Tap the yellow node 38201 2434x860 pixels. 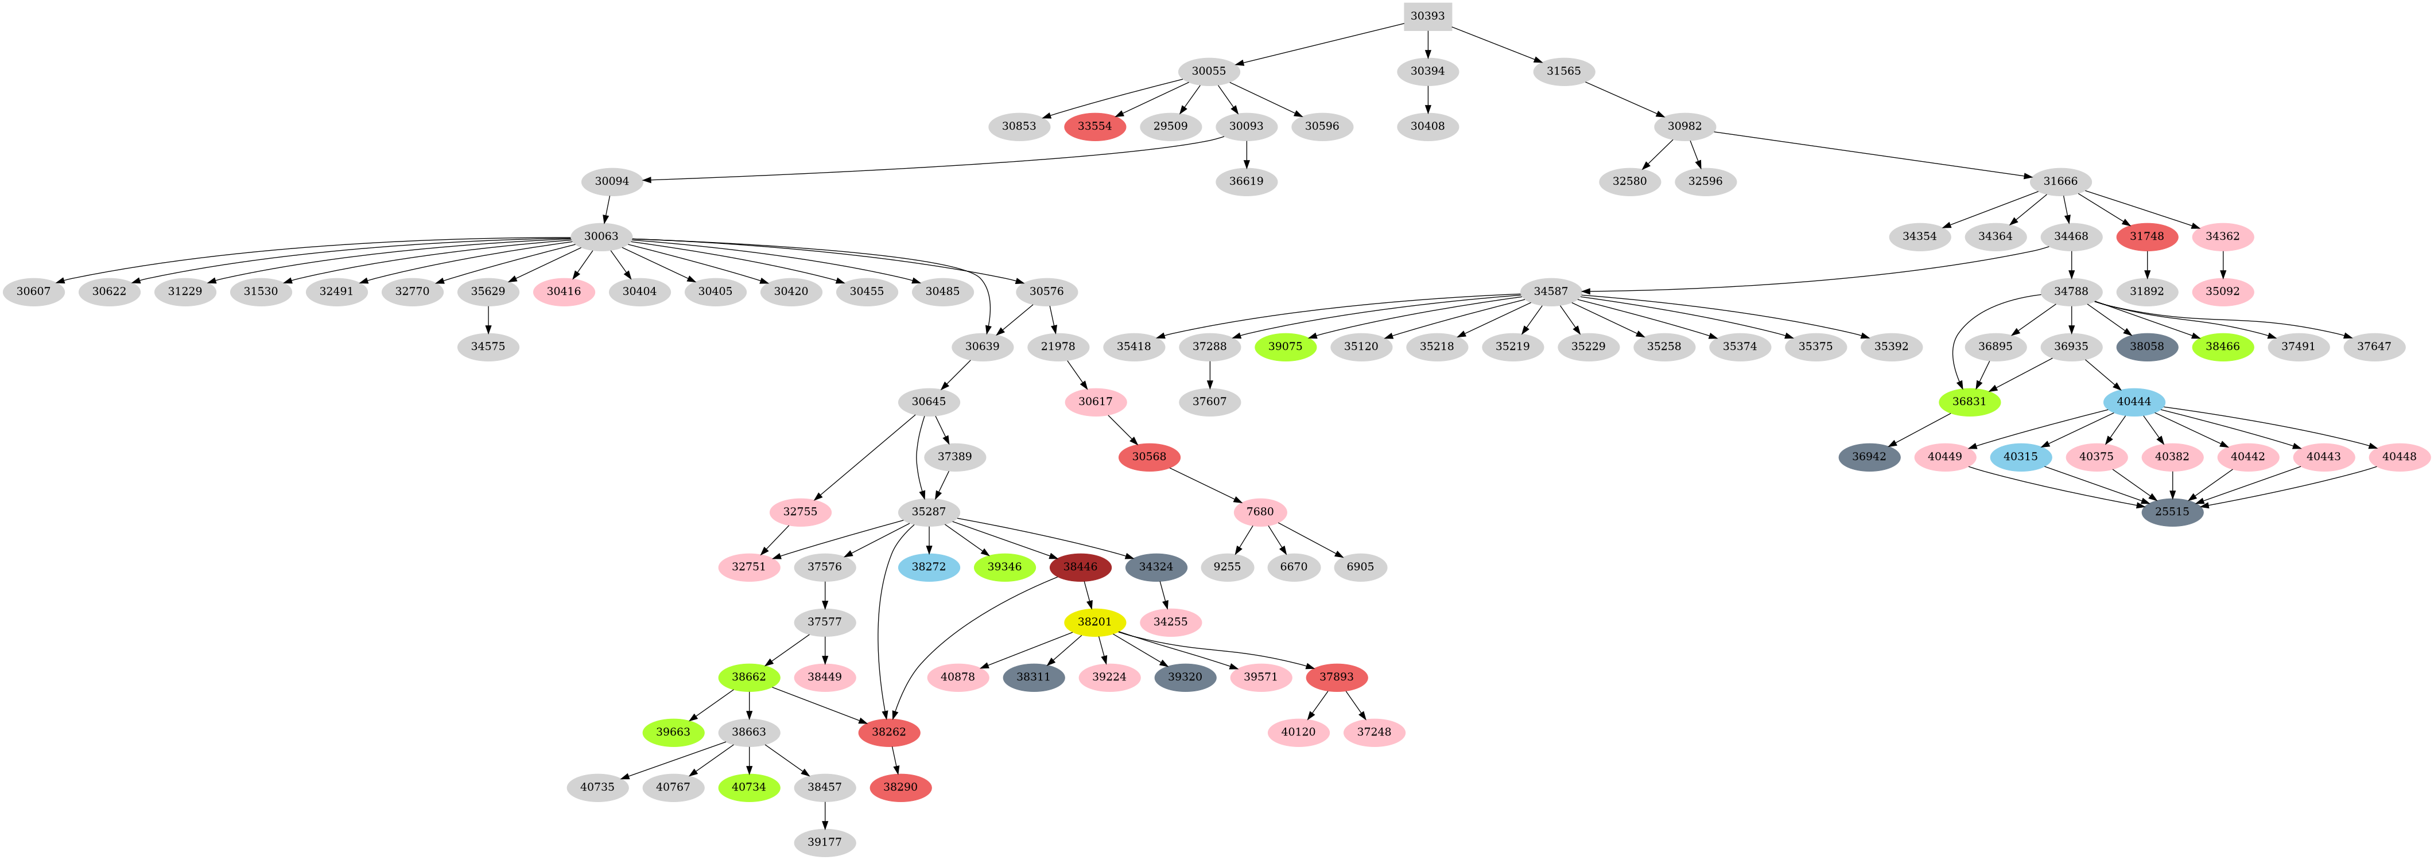pyautogui.click(x=1094, y=622)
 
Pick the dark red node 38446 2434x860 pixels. pyautogui.click(x=1080, y=567)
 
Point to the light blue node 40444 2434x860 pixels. pyautogui.click(x=2133, y=402)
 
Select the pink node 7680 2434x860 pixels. pyautogui.click(x=1260, y=512)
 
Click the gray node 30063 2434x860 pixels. pyautogui.click(x=601, y=236)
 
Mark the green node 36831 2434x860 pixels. pyautogui.click(x=1969, y=402)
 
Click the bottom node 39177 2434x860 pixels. pyautogui.click(x=825, y=842)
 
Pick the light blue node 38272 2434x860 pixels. pyautogui.click(x=929, y=567)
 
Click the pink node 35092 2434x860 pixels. pyautogui.click(x=2222, y=291)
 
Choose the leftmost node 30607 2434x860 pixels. pyautogui.click(x=33, y=291)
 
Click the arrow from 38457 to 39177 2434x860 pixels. pyautogui.click(x=825, y=815)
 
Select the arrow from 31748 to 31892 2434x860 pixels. pyautogui.click(x=2147, y=264)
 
